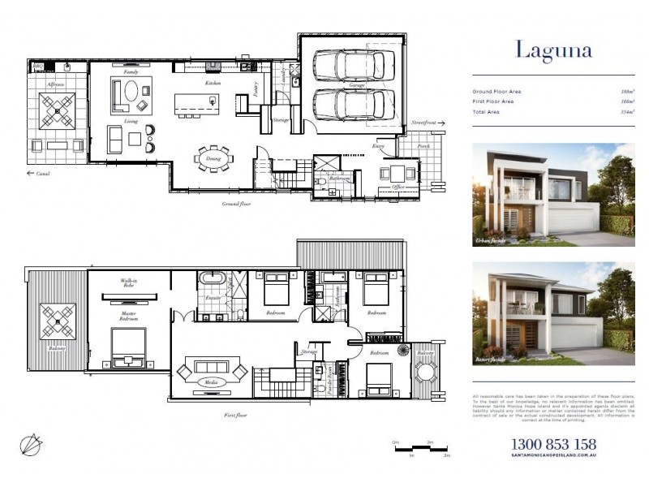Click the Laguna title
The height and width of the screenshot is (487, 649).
pyautogui.click(x=554, y=50)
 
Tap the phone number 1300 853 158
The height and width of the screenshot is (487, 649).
pyautogui.click(x=553, y=445)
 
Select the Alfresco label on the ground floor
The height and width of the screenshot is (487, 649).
pyautogui.click(x=56, y=84)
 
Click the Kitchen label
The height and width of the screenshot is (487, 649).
pyautogui.click(x=213, y=84)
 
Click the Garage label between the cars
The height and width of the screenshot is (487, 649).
pyautogui.click(x=357, y=84)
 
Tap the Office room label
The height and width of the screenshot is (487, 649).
pyautogui.click(x=398, y=187)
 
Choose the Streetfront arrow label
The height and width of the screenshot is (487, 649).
pyautogui.click(x=424, y=123)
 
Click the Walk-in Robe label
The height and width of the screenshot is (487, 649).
pyautogui.click(x=129, y=283)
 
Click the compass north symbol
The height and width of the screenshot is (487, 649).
pyautogui.click(x=32, y=444)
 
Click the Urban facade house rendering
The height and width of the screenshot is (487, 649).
pyautogui.click(x=553, y=195)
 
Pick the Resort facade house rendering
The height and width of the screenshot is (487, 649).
pyautogui.click(x=553, y=312)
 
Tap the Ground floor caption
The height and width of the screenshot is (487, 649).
pyautogui.click(x=236, y=204)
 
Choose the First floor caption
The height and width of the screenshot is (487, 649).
pyautogui.click(x=236, y=415)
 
